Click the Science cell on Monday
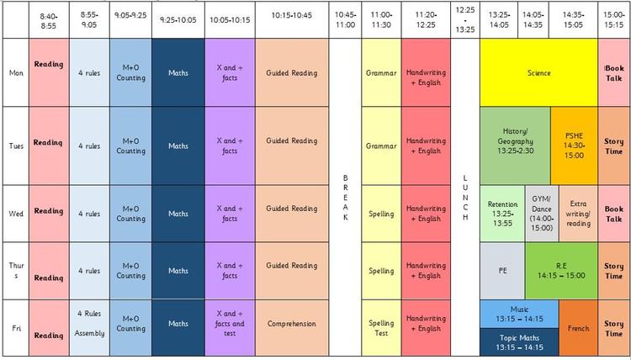click(538, 73)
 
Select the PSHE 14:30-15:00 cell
click(574, 145)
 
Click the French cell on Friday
click(578, 328)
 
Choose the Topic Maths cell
click(519, 341)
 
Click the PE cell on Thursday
click(502, 271)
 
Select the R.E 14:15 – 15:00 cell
click(561, 271)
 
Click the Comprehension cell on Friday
click(291, 323)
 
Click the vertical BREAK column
click(344, 198)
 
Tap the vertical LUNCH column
click(464, 198)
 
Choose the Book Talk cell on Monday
click(613, 73)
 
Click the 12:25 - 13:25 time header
click(464, 19)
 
